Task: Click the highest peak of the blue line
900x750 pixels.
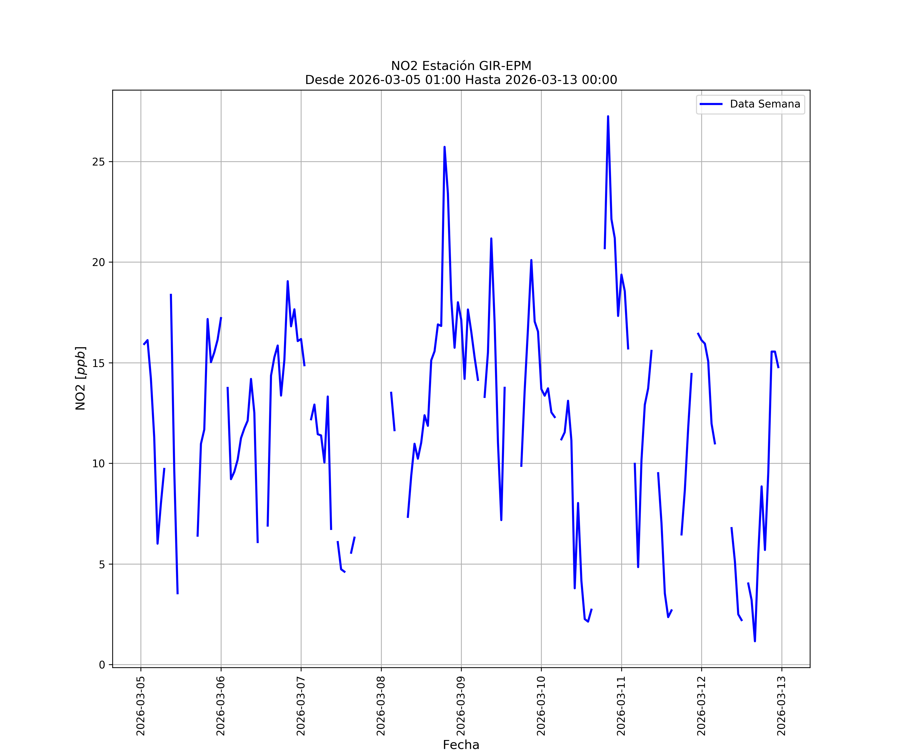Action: (x=608, y=116)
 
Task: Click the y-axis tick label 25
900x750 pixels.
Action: (x=98, y=162)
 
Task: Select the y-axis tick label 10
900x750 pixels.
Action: (x=98, y=464)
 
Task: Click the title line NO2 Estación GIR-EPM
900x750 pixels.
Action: (x=461, y=66)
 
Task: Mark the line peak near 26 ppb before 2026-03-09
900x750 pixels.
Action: (x=444, y=147)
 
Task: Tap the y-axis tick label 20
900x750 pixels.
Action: (x=98, y=262)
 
